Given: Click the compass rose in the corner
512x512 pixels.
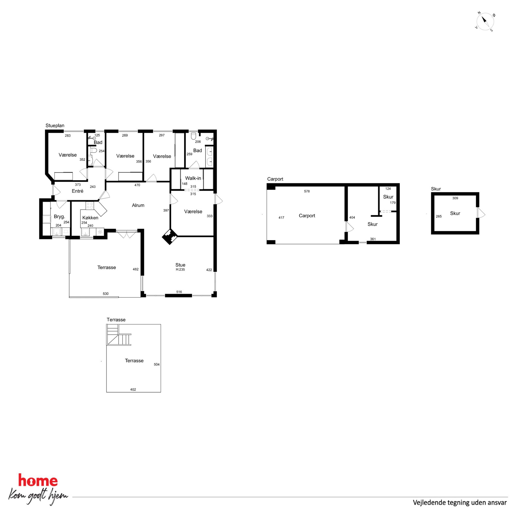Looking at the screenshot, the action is [485, 21].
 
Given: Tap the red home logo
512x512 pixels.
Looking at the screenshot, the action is [38, 481].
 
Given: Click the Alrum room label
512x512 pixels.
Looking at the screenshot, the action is [138, 205].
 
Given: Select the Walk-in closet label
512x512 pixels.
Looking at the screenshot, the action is [193, 178].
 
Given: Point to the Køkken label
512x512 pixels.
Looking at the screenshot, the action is [90, 218].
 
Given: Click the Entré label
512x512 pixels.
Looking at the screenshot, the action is [77, 191].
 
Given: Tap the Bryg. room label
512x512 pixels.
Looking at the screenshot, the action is [59, 217].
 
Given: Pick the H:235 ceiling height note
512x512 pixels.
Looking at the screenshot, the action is [180, 269].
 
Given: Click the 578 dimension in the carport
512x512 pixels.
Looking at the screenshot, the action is [307, 191].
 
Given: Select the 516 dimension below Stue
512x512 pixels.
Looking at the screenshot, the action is [179, 292].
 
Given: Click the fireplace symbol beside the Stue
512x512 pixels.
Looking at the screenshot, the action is [170, 237].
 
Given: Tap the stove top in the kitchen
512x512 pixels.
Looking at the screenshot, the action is [90, 206].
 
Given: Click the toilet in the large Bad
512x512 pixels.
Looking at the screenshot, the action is [193, 136].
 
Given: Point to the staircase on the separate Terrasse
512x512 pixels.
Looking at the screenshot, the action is [119, 335].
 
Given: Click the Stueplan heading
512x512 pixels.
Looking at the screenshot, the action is [55, 126].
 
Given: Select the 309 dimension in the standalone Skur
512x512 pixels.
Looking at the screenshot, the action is [455, 198].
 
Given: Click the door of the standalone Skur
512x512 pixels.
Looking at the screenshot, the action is [481, 213].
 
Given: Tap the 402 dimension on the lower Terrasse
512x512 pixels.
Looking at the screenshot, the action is [133, 389].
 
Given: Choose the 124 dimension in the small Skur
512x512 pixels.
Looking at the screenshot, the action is [388, 189].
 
